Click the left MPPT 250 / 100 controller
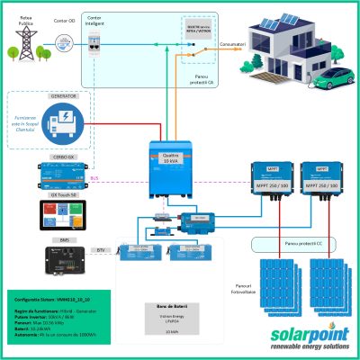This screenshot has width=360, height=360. tap(269, 181)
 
